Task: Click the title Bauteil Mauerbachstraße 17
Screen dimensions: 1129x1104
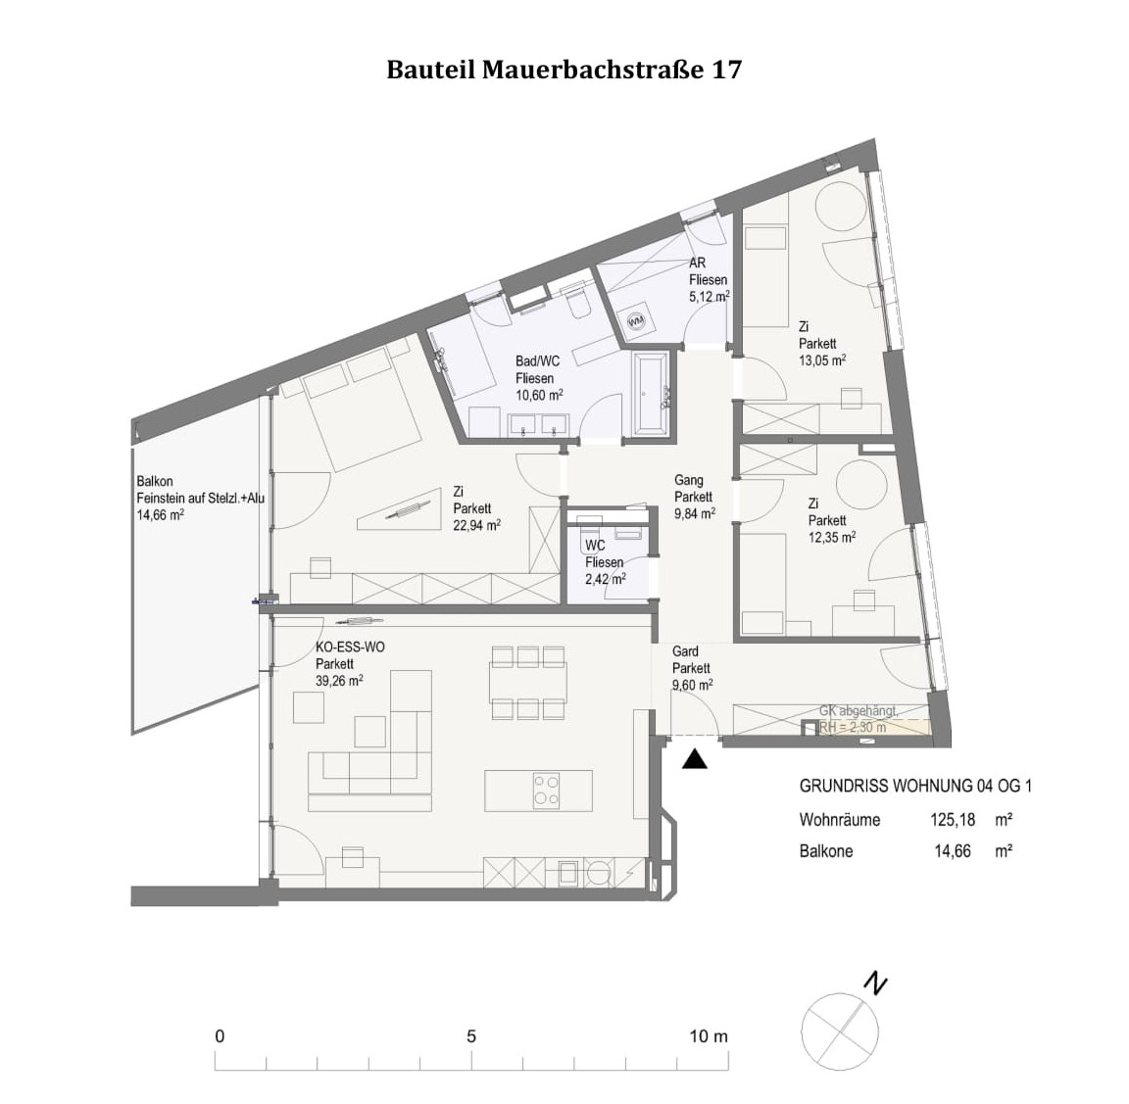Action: [x=564, y=71]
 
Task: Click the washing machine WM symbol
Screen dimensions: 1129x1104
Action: [x=636, y=319]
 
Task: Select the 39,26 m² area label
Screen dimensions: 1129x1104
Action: [x=340, y=680]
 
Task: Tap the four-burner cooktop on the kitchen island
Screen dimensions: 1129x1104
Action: [x=546, y=790]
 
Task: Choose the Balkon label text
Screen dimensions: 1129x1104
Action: [x=156, y=482]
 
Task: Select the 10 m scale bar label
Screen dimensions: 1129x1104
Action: [x=709, y=1036]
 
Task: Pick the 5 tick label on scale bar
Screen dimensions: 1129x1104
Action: [x=471, y=1036]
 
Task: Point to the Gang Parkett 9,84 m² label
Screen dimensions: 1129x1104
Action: [x=694, y=497]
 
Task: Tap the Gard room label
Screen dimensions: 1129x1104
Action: [x=685, y=652]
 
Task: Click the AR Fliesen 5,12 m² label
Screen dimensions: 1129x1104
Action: [x=708, y=280]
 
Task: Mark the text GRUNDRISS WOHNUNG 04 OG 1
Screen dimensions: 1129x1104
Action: [x=915, y=786]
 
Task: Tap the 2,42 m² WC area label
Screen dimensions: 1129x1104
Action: [x=605, y=579]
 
